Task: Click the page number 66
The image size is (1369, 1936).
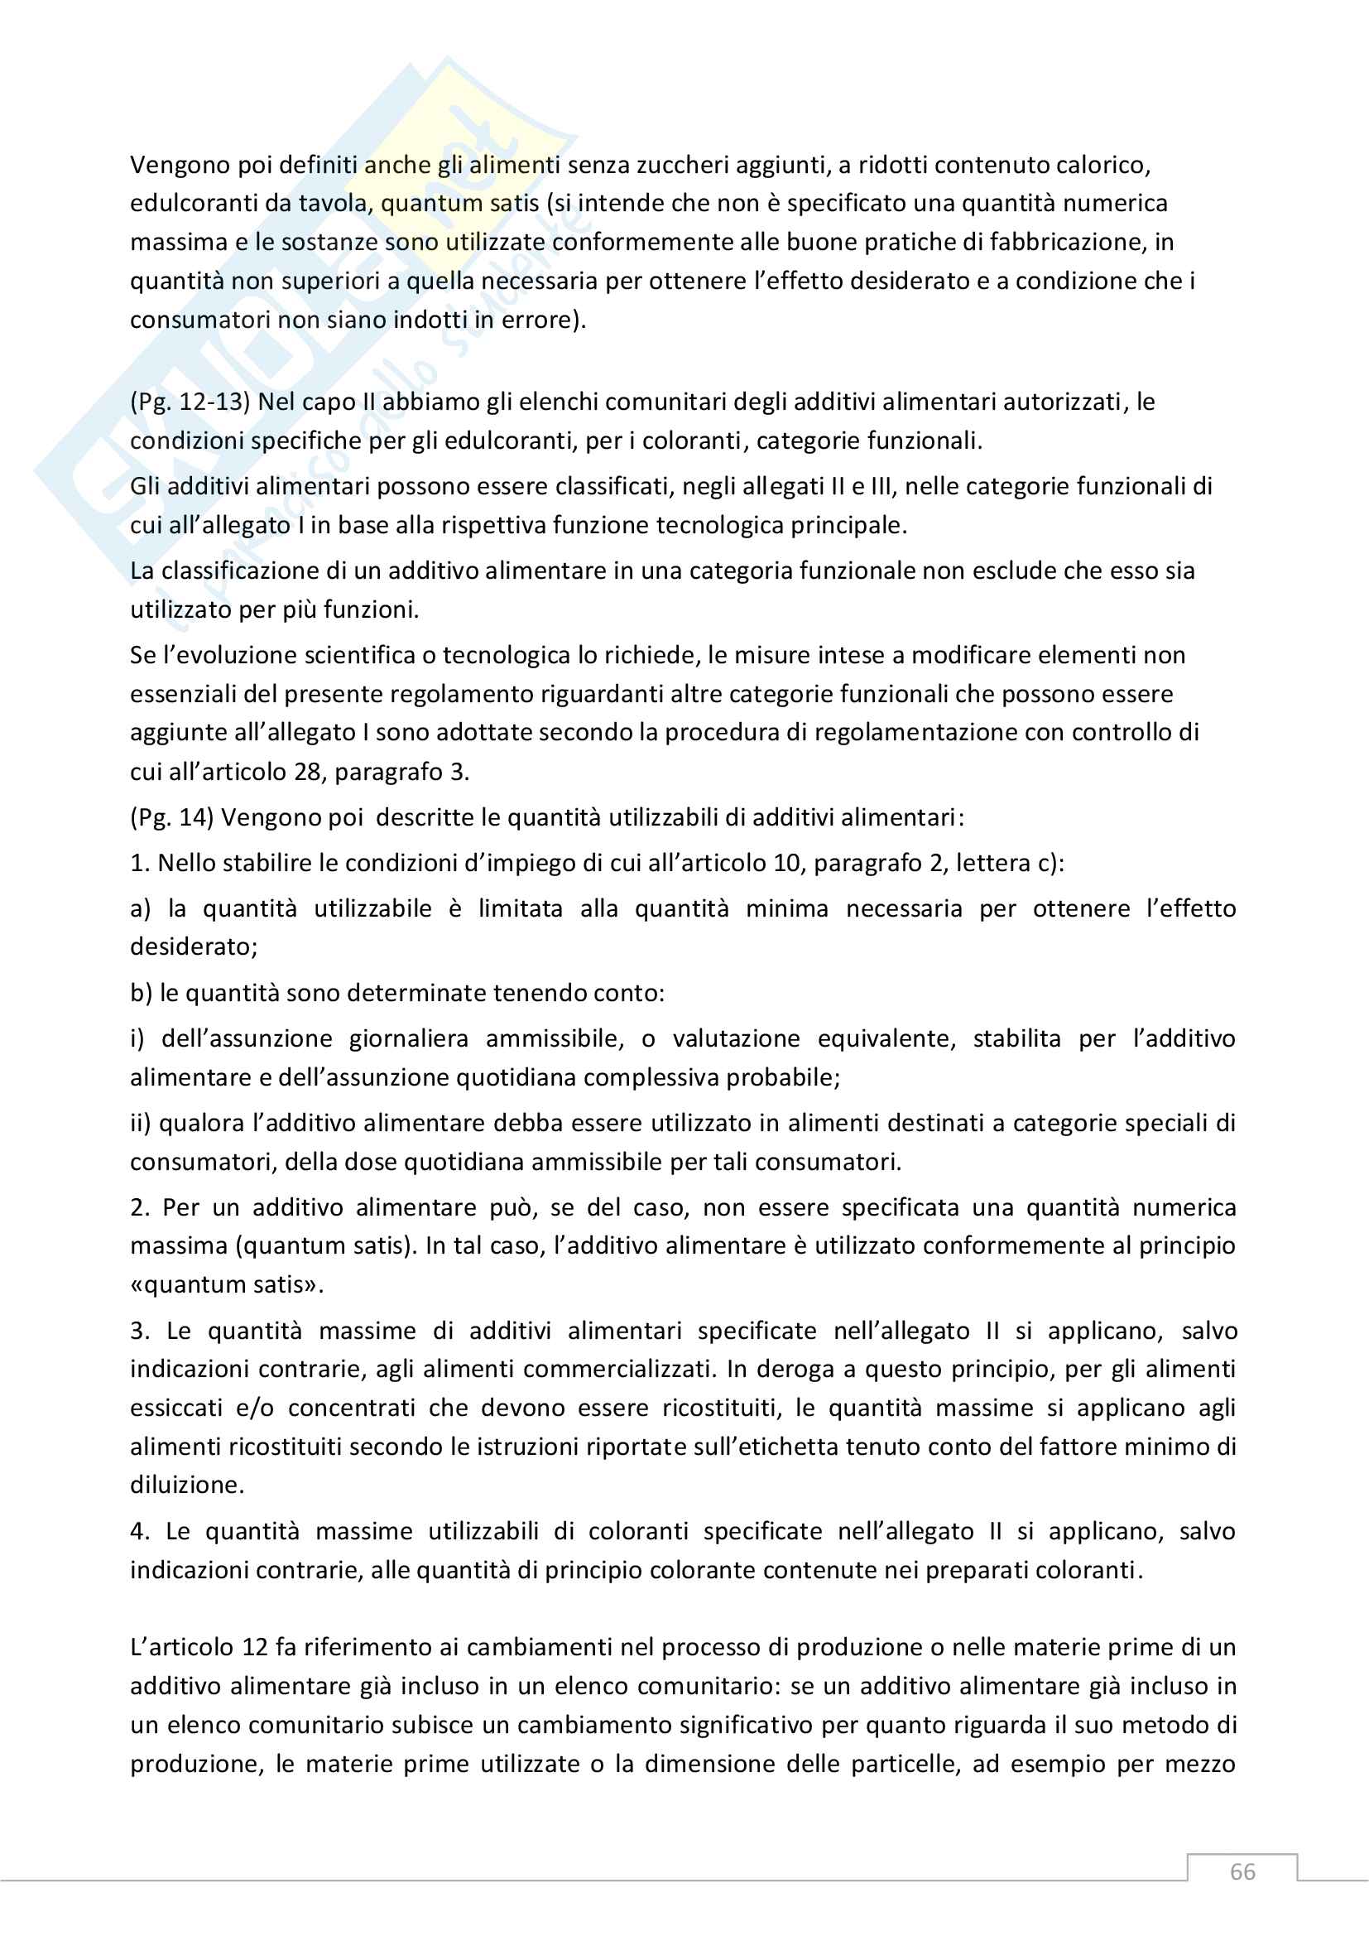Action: tap(1242, 1872)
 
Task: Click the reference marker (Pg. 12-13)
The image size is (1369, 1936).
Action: tap(190, 402)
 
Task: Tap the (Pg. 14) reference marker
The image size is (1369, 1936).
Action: tap(172, 817)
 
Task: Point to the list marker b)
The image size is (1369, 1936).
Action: tap(141, 994)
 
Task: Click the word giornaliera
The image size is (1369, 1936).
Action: tap(408, 1038)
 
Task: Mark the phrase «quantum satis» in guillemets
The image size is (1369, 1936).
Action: tap(227, 1285)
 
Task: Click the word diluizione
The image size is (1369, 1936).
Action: tap(187, 1485)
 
